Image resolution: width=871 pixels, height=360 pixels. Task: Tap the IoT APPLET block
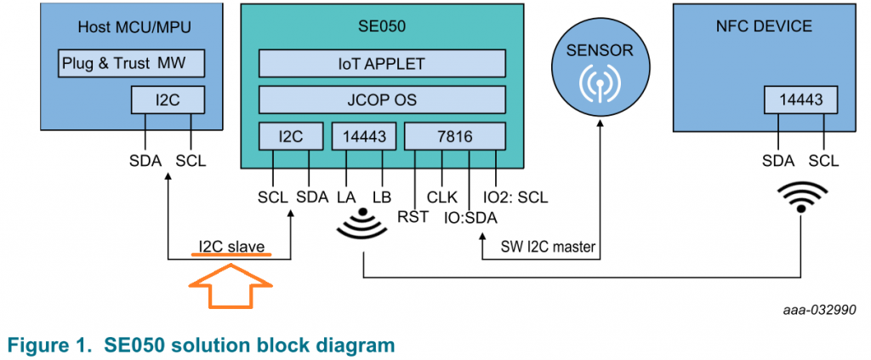tap(382, 63)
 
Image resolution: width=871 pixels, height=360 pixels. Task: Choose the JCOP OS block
tap(382, 98)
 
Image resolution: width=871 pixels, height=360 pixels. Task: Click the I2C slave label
tap(232, 248)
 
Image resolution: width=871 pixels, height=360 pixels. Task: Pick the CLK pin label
tap(442, 197)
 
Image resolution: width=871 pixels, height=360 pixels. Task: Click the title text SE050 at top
tap(382, 26)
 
